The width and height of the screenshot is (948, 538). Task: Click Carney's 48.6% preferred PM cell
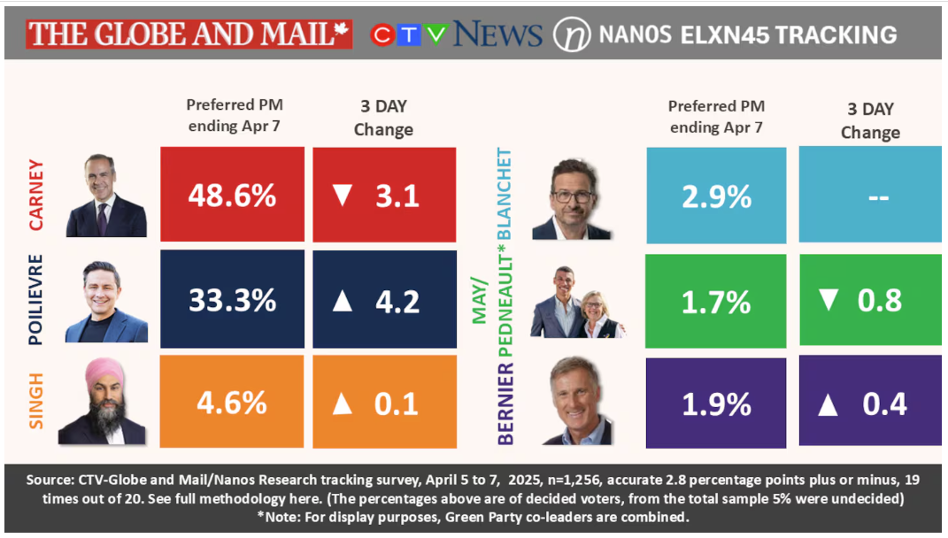pos(232,195)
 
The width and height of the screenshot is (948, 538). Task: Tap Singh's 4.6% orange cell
pos(232,403)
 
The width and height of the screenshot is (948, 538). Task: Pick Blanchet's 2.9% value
pos(716,196)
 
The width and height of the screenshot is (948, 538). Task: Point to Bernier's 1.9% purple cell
pos(716,403)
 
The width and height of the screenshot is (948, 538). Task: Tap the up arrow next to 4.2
pos(343,300)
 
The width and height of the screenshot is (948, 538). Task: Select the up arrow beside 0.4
pos(829,404)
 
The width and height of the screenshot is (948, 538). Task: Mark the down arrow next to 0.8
pos(829,300)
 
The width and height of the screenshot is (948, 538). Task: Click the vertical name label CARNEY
pos(36,195)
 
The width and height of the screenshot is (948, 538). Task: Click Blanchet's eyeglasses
pos(573,195)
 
